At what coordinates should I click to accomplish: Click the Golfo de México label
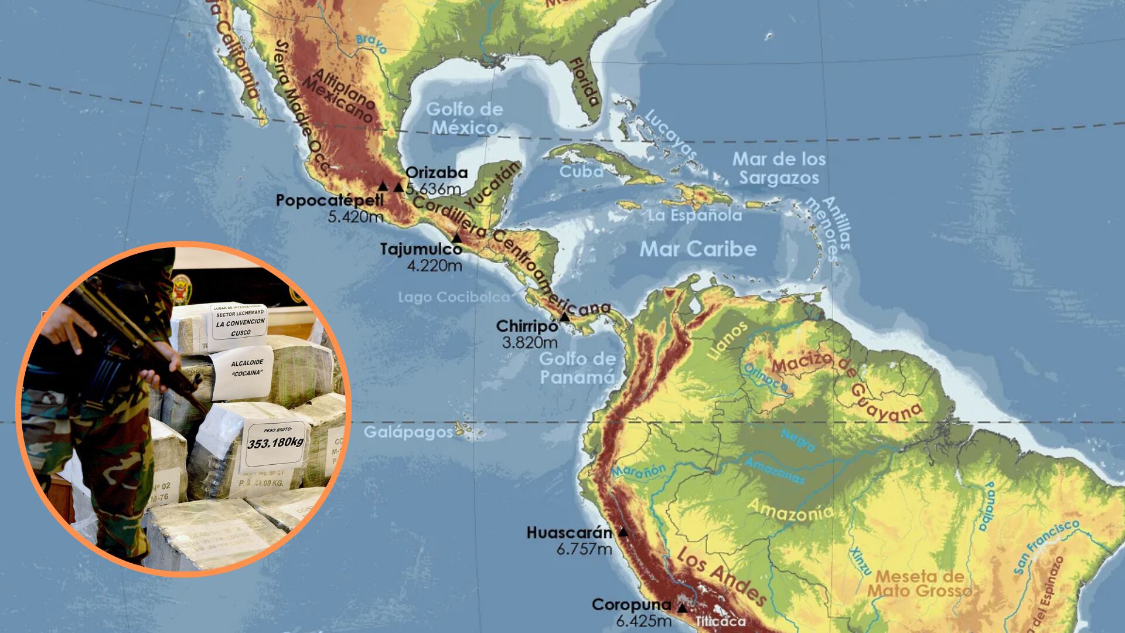tap(464, 118)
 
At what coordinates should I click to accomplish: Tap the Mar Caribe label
tap(698, 249)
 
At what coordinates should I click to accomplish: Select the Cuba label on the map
tap(581, 171)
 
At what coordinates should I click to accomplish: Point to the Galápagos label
tap(408, 433)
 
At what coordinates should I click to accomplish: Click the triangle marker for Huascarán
tap(623, 532)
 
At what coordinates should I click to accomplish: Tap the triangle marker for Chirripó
tap(564, 317)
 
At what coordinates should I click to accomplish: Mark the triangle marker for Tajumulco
tap(457, 238)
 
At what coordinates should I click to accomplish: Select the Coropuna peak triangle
tap(681, 608)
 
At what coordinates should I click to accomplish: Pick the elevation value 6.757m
tap(584, 549)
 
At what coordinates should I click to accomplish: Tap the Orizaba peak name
tap(437, 172)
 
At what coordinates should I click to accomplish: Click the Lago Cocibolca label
tap(454, 297)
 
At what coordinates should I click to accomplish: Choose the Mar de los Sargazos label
tap(779, 168)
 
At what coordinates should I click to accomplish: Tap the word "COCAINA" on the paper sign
tap(240, 374)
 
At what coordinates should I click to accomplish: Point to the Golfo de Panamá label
tap(577, 367)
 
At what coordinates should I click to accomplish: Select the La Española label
tap(694, 216)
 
